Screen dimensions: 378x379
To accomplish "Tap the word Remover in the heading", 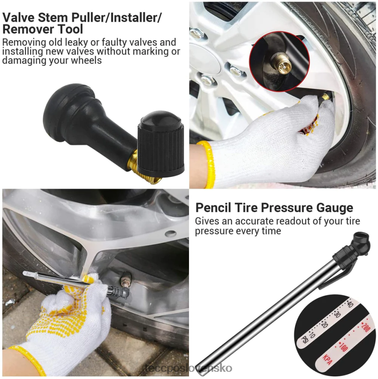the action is (x=28, y=29).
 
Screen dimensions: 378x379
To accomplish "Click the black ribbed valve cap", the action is (x=161, y=144).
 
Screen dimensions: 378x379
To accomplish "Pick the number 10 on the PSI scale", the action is (x=312, y=335).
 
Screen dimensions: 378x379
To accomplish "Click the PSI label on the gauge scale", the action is (x=305, y=340).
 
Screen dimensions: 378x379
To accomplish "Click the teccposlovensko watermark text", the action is (x=189, y=368).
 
